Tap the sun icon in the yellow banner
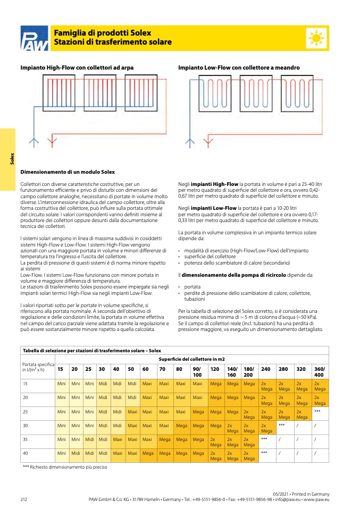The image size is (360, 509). click(x=316, y=38)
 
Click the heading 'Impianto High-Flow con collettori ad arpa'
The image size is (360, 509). click(x=77, y=68)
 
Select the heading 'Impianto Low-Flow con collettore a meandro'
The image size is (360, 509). click(x=239, y=68)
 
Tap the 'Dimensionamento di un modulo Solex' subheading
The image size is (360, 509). click(x=68, y=172)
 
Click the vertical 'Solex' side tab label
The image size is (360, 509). click(x=11, y=158)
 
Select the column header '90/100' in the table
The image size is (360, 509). click(x=197, y=371)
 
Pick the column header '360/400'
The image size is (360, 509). click(x=320, y=371)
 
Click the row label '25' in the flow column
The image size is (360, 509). click(x=25, y=411)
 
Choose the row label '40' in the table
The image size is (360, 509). click(x=25, y=453)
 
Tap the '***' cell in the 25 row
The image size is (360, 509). click(x=317, y=411)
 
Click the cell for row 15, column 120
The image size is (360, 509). click(x=215, y=383)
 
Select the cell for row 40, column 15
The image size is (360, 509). click(x=62, y=453)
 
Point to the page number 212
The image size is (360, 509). click(x=24, y=499)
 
